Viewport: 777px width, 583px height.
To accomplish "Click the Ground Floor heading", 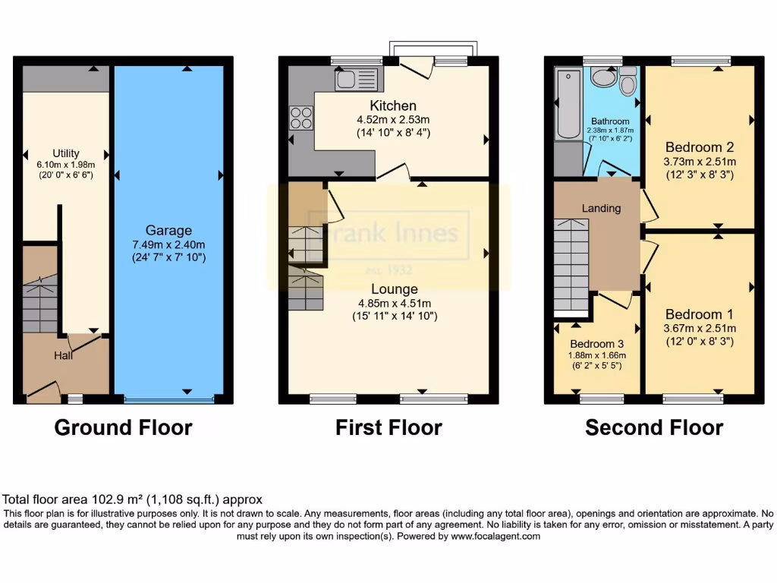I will coord(123,427).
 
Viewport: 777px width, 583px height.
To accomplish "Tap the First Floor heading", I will coord(388,427).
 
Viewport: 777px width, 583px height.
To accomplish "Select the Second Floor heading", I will coord(654,427).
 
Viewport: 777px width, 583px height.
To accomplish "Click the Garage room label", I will coord(169,230).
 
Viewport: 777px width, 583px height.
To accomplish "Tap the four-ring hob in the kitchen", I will coord(300,118).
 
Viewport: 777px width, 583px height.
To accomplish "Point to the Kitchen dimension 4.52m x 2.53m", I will coord(392,119).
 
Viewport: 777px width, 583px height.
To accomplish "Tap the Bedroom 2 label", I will coord(699,147).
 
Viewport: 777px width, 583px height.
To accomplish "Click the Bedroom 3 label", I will coord(596,343).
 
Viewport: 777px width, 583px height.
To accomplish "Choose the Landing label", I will coord(601,208).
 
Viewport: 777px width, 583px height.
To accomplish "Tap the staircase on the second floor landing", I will coord(571,266).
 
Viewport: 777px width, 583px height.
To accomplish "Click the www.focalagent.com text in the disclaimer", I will coord(495,536).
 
